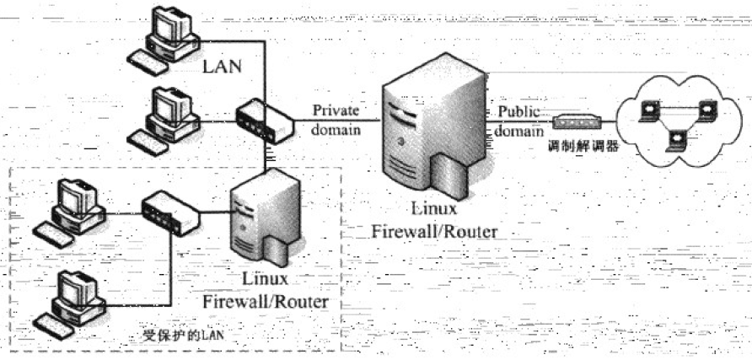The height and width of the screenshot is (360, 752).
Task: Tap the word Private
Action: coord(335,110)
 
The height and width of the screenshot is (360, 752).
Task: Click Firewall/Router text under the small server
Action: coord(265,301)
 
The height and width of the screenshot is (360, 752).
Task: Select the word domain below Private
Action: coord(335,131)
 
